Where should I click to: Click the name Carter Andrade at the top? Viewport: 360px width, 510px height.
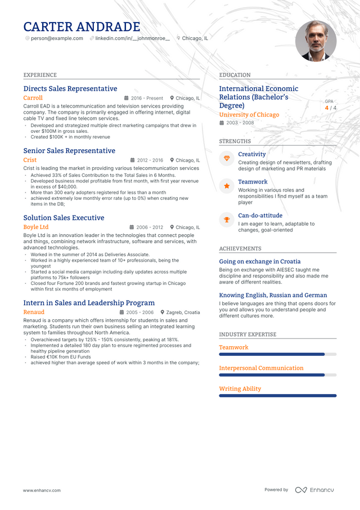(x=82, y=26)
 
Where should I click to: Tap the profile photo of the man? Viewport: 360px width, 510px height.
(x=316, y=41)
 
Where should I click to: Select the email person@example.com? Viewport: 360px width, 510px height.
(x=57, y=38)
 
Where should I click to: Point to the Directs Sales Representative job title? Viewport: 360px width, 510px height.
(x=70, y=88)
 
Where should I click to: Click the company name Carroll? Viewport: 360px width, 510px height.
(x=33, y=98)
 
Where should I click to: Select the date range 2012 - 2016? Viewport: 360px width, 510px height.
(x=150, y=160)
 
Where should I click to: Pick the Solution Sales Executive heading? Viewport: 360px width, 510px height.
(x=64, y=218)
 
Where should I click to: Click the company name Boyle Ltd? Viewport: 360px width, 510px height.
(x=36, y=227)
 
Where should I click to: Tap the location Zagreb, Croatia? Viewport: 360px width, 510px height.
(x=183, y=312)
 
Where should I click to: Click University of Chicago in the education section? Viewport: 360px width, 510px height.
(x=249, y=115)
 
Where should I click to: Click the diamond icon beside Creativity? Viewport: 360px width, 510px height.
(x=227, y=158)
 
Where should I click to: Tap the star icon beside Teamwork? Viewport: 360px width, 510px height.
(x=227, y=186)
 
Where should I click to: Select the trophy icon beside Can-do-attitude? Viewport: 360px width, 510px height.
(x=227, y=220)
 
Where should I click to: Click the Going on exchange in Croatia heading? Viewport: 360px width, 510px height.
(x=259, y=261)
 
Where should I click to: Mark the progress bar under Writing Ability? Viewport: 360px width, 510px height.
(x=277, y=396)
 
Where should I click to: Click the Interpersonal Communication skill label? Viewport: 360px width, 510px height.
(x=261, y=368)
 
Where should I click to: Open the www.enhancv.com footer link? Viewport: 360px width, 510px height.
(x=42, y=490)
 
